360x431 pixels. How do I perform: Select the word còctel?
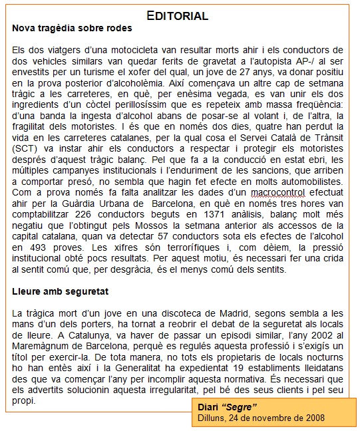pyautogui.click(x=116, y=104)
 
